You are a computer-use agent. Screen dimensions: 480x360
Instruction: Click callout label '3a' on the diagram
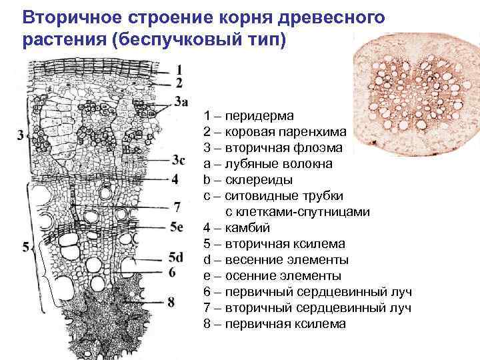click(182, 101)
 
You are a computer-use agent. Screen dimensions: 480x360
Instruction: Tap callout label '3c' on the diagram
click(178, 160)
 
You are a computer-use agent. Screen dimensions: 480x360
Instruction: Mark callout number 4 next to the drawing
click(175, 179)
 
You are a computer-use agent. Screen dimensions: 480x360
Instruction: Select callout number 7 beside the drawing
click(177, 207)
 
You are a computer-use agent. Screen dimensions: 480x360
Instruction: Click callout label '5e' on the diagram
click(177, 227)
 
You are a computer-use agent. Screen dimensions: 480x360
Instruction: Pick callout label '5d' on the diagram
click(177, 257)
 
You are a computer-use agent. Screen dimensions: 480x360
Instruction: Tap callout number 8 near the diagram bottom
click(171, 302)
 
